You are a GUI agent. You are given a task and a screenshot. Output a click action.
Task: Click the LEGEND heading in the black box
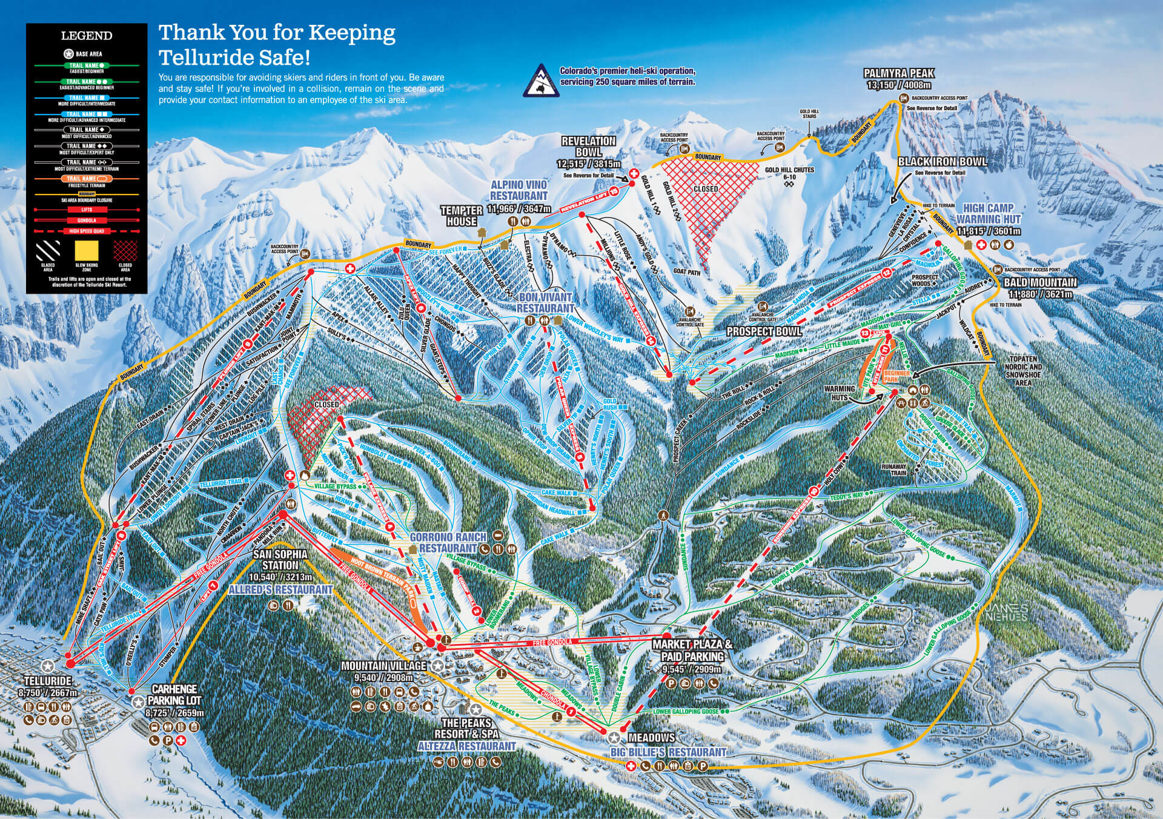[x=87, y=36]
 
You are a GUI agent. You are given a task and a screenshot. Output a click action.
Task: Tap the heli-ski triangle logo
[x=540, y=81]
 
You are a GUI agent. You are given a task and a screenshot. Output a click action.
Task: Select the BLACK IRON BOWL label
[x=942, y=162]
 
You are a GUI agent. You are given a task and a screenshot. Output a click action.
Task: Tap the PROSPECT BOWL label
[x=764, y=331]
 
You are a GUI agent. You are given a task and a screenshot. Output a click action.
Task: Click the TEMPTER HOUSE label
[x=462, y=216]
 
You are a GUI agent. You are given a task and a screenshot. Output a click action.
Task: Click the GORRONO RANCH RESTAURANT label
[x=448, y=542]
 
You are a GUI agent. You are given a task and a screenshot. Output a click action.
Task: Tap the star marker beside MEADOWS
[x=614, y=737]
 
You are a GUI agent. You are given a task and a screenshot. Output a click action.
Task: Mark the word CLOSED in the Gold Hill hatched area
[x=706, y=189]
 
